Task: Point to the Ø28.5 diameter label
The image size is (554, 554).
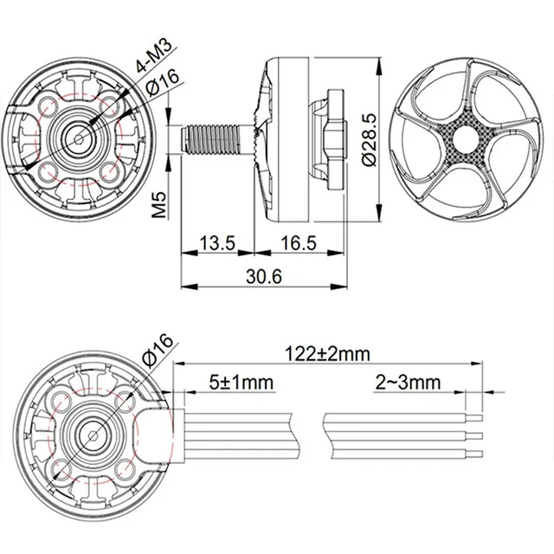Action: pos(371,138)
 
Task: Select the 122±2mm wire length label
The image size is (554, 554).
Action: pos(326,353)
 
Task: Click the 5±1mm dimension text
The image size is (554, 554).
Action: pos(240,382)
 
